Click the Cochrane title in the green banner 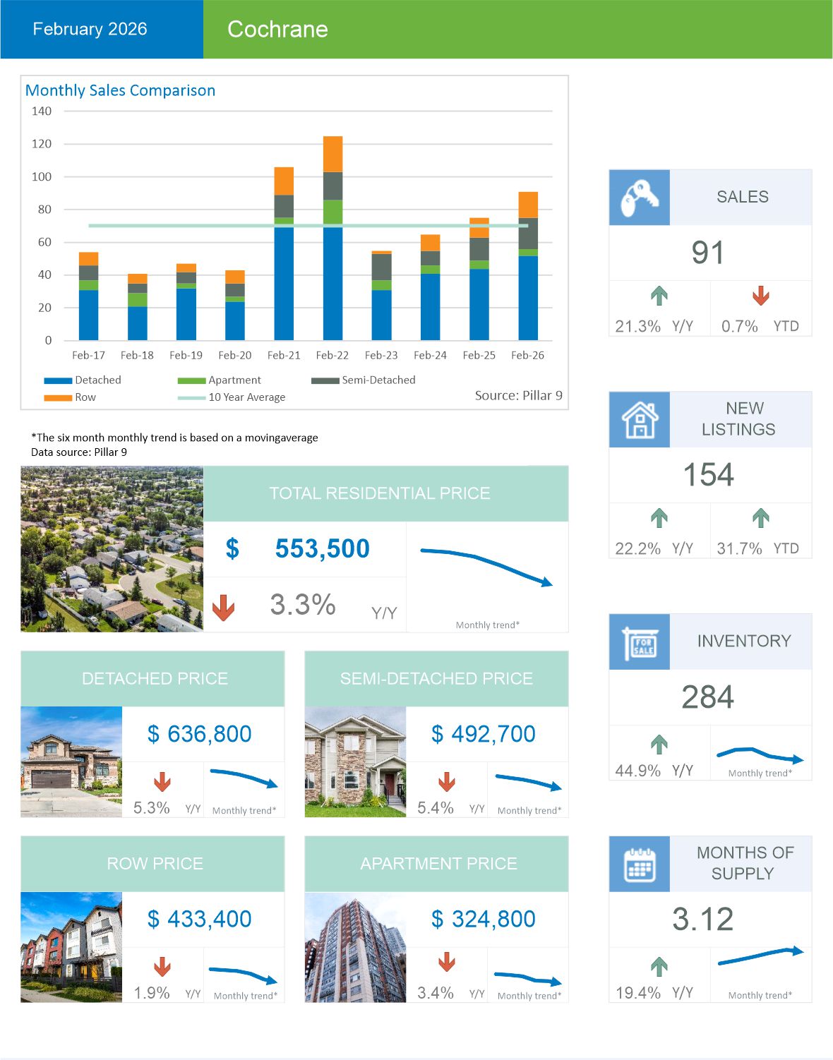point(277,29)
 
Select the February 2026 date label point(90,29)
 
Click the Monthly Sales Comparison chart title point(120,90)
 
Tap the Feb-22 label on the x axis point(332,355)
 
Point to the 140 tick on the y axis point(42,111)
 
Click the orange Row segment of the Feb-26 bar point(528,205)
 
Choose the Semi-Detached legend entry point(378,380)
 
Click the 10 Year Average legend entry point(246,397)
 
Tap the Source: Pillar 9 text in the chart point(518,395)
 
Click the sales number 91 point(707,253)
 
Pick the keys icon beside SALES point(639,198)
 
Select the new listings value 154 point(708,475)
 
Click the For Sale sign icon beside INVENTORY point(640,642)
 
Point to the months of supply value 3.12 point(702,919)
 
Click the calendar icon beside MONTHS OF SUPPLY point(640,864)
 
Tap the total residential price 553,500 point(322,548)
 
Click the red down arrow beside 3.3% point(224,607)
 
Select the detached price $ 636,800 point(200,734)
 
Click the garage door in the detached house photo point(52,778)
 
